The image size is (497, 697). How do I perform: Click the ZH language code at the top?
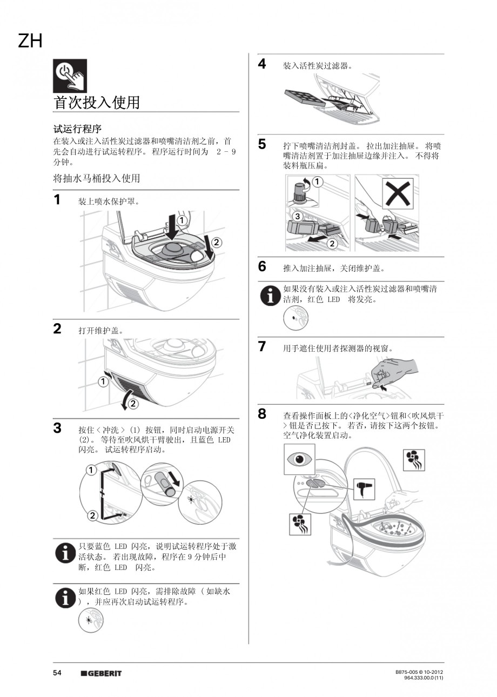tap(30, 41)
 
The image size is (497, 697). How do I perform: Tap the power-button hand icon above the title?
tap(70, 76)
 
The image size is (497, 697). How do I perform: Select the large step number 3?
tap(57, 428)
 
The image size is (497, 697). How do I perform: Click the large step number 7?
tap(262, 346)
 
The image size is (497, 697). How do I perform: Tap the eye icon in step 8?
tap(299, 459)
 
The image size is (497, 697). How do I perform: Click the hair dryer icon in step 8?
tap(364, 489)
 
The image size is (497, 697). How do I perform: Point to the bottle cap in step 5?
tap(300, 189)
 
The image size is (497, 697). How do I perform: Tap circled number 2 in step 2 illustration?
tap(133, 404)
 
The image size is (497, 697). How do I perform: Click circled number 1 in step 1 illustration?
tap(182, 220)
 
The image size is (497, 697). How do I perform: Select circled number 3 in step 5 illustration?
tap(297, 216)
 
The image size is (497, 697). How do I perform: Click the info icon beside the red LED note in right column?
tap(270, 295)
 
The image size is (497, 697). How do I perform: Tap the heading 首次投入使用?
tap(97, 102)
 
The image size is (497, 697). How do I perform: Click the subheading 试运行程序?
tap(77, 129)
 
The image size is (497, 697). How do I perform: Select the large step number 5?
tap(262, 144)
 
